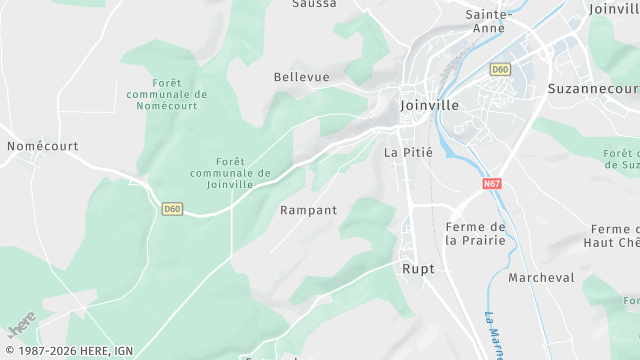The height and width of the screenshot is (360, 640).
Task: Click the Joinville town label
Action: [x=428, y=104]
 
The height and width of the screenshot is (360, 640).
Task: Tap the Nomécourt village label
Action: [x=42, y=146]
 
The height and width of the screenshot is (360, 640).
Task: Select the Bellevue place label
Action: [x=301, y=77]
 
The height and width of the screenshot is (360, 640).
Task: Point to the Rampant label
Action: [x=308, y=211]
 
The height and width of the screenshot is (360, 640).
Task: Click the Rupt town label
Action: [x=418, y=269]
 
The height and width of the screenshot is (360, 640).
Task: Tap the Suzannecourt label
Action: [x=593, y=89]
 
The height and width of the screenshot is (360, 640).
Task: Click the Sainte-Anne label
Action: [x=489, y=21]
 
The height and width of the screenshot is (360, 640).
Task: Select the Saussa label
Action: [x=314, y=4]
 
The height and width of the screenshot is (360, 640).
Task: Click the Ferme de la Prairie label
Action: [x=475, y=233]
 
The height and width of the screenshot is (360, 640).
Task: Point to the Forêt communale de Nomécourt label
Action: [x=167, y=94]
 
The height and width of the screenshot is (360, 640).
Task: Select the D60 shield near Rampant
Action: [x=172, y=209]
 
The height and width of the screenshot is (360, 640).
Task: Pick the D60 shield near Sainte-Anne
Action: [x=500, y=69]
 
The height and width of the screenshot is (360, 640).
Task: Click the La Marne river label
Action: [x=493, y=337]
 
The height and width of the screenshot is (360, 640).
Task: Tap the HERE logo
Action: [x=22, y=326]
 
